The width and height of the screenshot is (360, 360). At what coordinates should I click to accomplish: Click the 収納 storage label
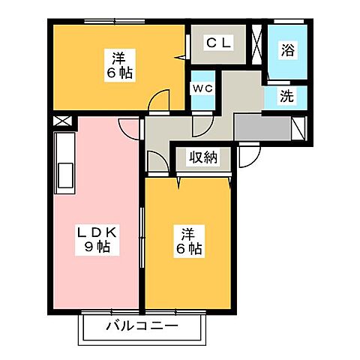(x=202, y=157)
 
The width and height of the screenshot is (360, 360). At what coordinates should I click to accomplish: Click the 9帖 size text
(x=97, y=247)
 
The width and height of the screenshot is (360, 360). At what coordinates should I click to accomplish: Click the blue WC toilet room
(x=203, y=94)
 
